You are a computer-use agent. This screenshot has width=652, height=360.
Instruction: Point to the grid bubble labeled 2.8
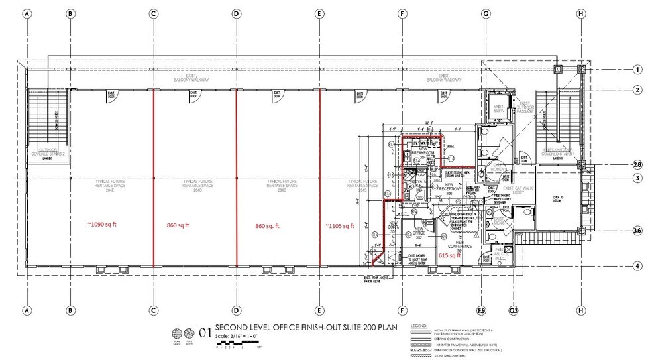[x=637, y=164]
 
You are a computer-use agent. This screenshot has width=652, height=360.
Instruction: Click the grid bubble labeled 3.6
[x=637, y=231]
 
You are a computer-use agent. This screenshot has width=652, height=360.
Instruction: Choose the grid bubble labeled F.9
[x=482, y=310]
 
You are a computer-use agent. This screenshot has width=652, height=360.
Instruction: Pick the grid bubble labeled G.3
[x=512, y=310]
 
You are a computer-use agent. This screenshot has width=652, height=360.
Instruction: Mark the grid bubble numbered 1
[x=637, y=69]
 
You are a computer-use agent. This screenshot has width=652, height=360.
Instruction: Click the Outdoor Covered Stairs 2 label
[x=49, y=151]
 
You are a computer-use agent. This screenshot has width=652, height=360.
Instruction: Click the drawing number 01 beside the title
[x=205, y=335]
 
